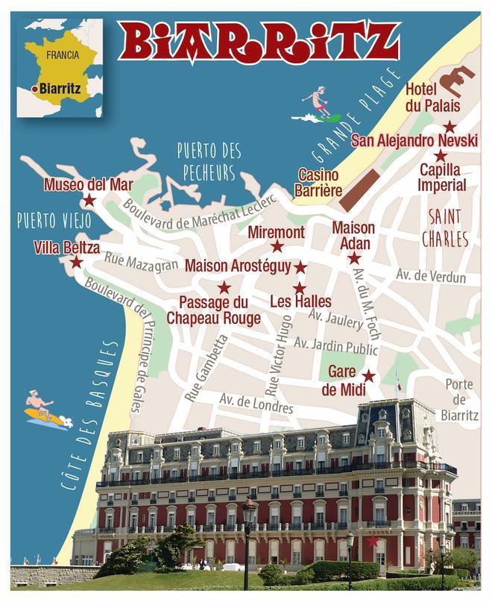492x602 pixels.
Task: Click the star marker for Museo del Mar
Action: (89, 200)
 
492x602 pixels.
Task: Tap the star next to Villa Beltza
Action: (75, 262)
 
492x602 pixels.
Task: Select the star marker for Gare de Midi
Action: (368, 375)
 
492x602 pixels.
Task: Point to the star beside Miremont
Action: (277, 246)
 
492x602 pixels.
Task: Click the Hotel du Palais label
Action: (432, 98)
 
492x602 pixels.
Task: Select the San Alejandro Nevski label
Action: (414, 139)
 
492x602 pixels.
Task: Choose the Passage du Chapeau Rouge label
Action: (213, 310)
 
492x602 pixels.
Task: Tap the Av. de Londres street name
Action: (256, 403)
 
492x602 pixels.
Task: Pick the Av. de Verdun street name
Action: (431, 278)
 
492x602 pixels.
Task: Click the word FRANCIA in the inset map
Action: (63, 55)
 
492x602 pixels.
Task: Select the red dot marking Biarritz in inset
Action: (35, 90)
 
